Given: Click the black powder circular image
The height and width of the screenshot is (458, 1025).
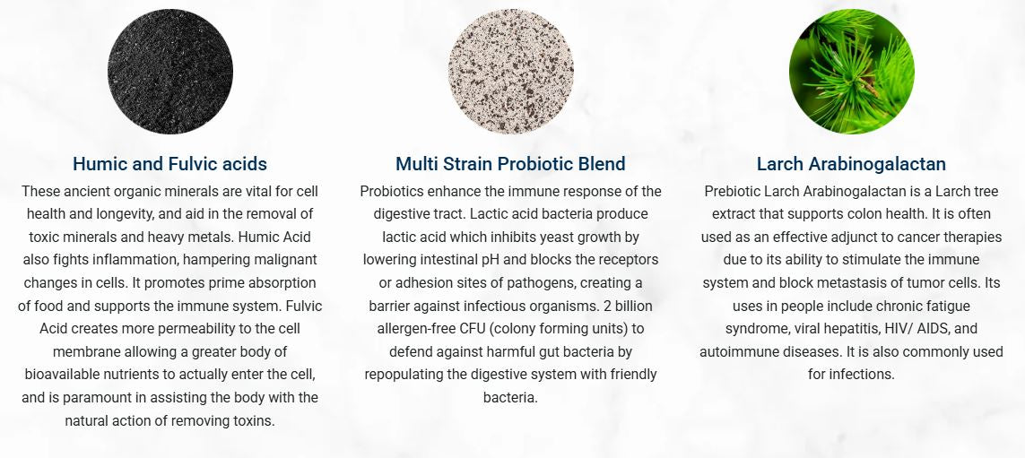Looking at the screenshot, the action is tap(170, 71).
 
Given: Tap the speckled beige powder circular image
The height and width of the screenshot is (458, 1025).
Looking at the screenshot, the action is tap(511, 71).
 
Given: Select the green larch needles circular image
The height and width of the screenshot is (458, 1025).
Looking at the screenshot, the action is tap(852, 71).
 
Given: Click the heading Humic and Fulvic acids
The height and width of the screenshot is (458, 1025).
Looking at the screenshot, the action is tap(170, 163).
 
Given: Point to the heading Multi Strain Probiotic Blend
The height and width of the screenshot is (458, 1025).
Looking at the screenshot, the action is tap(510, 163).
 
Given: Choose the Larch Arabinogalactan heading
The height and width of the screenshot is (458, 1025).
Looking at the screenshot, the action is tap(851, 163).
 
